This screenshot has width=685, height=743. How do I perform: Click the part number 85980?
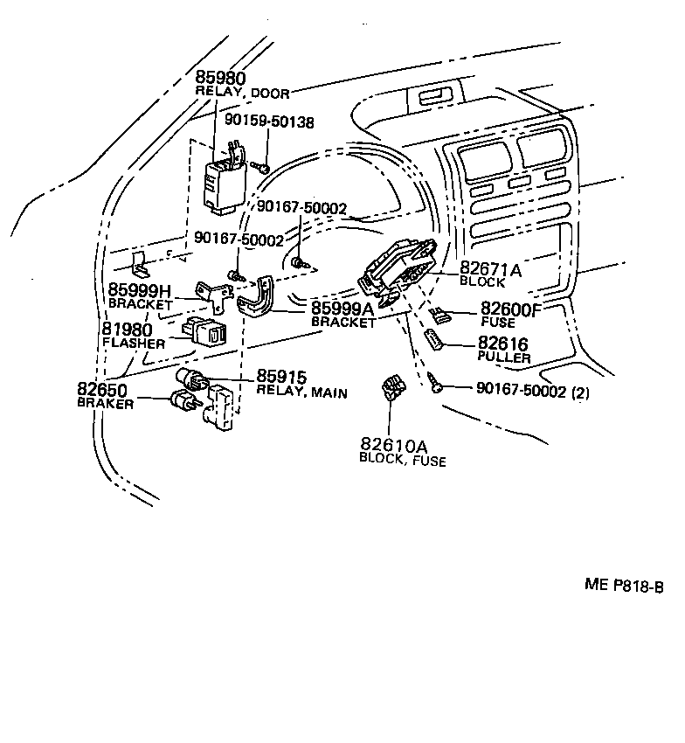(220, 78)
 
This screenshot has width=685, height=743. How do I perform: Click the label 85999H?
(142, 289)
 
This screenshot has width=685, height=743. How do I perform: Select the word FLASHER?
(133, 344)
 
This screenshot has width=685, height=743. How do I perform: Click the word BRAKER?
(105, 404)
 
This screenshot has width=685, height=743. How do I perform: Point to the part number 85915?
(281, 377)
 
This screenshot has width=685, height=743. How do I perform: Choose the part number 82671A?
(490, 270)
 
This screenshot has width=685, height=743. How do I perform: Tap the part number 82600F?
(510, 309)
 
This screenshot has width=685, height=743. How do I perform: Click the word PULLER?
(504, 358)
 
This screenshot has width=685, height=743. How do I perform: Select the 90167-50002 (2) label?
(533, 392)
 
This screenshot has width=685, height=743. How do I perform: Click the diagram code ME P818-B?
(624, 586)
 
